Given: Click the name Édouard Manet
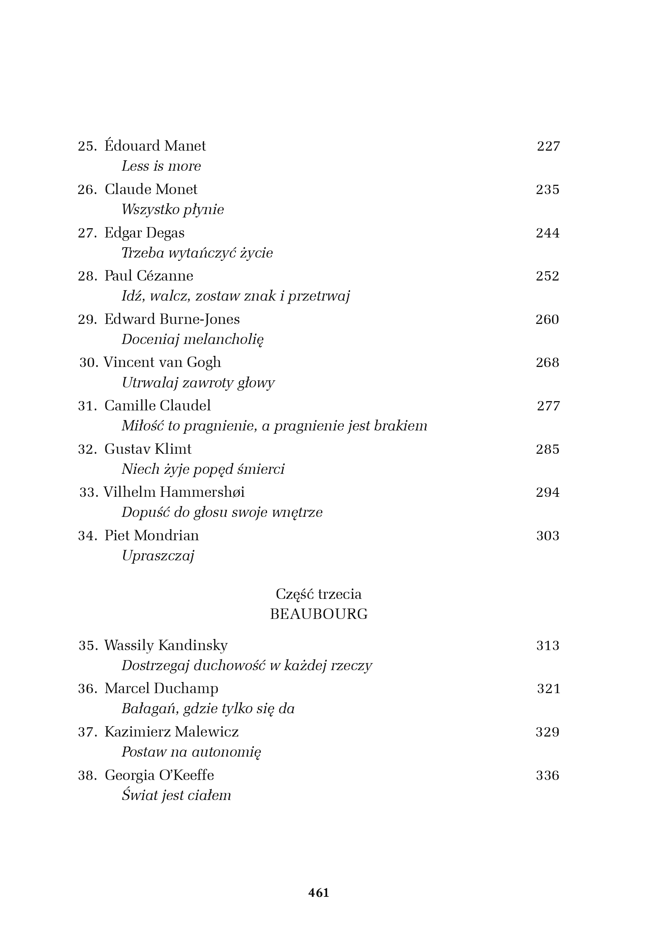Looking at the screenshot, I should pos(155,146).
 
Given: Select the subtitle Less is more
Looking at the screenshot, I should pos(161,166).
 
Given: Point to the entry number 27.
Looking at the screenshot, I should pos(87,233).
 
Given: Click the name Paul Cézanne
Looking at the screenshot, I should pos(148,276).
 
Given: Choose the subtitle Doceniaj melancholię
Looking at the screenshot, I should pos(192,339).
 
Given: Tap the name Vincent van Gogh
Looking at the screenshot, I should pos(162,362).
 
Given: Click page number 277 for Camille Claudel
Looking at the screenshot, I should pos(548,406).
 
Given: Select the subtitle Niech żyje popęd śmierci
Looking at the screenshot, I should pos(203,469).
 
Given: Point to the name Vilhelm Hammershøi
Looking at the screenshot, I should pos(174,492).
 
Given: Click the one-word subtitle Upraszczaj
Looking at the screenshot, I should pos(158,556).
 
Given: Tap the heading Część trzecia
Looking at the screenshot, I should pos(319,594).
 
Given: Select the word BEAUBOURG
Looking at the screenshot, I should pos(319,614).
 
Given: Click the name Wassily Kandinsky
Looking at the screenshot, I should pos(166,645).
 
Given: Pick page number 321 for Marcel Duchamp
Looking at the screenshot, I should pos(548,689).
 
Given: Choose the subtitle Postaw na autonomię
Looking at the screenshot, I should pos(191,752).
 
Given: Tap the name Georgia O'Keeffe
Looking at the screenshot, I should pos(159,775).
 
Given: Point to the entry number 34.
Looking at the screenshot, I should pos(87,536).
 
